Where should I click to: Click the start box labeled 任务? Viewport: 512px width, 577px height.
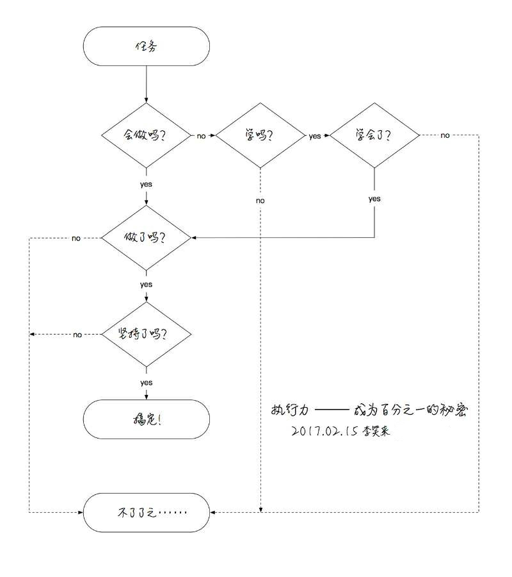(x=146, y=46)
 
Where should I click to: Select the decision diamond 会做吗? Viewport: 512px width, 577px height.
(x=146, y=135)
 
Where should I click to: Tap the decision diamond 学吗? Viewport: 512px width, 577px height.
(x=260, y=135)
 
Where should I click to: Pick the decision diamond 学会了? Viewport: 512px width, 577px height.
(x=374, y=135)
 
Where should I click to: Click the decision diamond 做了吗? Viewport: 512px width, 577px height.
(x=146, y=238)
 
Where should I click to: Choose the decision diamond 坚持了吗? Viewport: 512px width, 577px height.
(x=146, y=335)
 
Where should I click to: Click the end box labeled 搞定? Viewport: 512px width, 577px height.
(x=146, y=419)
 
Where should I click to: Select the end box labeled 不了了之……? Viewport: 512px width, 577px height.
(x=146, y=513)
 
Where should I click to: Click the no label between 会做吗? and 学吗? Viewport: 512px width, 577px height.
(x=201, y=136)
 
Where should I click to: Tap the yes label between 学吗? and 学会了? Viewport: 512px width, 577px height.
(x=315, y=136)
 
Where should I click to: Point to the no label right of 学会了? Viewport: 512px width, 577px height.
(x=445, y=135)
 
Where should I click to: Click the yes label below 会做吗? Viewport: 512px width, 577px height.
(x=146, y=185)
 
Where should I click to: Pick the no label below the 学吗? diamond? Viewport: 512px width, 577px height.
(x=260, y=201)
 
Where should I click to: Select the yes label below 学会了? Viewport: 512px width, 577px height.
(x=374, y=199)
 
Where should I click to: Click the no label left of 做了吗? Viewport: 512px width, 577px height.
(x=76, y=238)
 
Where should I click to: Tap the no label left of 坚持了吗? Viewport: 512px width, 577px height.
(x=77, y=335)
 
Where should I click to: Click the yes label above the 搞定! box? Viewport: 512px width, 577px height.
(x=146, y=383)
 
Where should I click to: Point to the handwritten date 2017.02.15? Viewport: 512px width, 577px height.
(x=324, y=431)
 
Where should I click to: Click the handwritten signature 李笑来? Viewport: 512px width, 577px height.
(x=376, y=431)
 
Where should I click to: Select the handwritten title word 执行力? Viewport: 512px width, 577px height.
(x=290, y=410)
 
